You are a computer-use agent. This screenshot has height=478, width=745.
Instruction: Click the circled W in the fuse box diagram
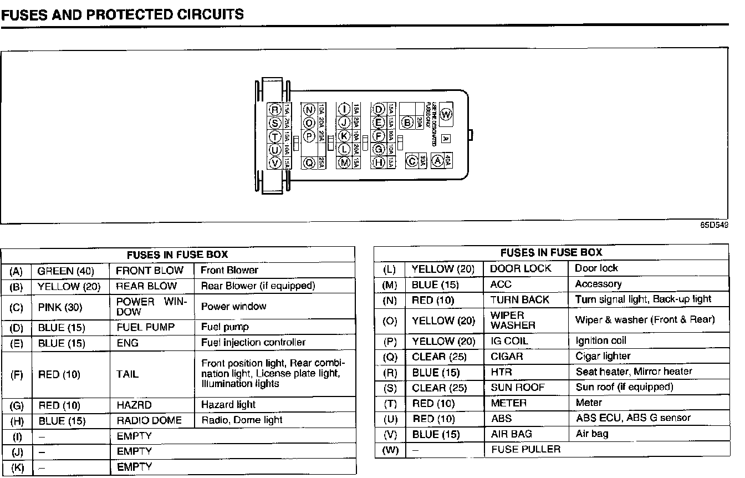pyautogui.click(x=446, y=115)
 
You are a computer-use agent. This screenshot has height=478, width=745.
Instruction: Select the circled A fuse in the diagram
pyautogui.click(x=437, y=161)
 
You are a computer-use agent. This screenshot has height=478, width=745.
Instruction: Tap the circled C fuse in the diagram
pyautogui.click(x=411, y=161)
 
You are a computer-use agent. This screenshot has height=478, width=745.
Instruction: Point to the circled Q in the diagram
pyautogui.click(x=309, y=163)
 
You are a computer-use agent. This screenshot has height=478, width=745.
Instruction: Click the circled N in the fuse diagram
pyautogui.click(x=309, y=109)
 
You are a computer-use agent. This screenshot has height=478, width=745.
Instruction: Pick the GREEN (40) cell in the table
pyautogui.click(x=65, y=271)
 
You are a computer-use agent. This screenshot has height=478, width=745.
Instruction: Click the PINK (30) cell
pyautogui.click(x=60, y=307)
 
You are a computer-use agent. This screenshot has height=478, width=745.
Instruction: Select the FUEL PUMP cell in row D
pyautogui.click(x=145, y=327)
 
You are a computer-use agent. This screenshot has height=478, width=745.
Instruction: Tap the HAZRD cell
pyautogui.click(x=134, y=405)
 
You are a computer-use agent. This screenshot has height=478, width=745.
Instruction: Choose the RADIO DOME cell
pyautogui.click(x=149, y=421)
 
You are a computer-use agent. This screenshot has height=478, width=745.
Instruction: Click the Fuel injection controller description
pyautogui.click(x=253, y=343)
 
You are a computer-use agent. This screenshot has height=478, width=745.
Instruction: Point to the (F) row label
pyautogui.click(x=17, y=375)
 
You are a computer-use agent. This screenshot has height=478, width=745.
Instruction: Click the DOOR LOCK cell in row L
pyautogui.click(x=521, y=268)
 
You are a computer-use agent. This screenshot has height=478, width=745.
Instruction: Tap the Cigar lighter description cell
pyautogui.click(x=603, y=356)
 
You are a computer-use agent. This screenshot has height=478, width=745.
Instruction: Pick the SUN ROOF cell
pyautogui.click(x=518, y=387)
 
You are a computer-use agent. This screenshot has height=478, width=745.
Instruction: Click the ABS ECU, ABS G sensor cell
pyautogui.click(x=633, y=418)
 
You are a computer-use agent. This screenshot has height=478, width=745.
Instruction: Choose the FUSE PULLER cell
pyautogui.click(x=525, y=449)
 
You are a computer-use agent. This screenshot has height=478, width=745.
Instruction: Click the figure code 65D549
pyautogui.click(x=715, y=226)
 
